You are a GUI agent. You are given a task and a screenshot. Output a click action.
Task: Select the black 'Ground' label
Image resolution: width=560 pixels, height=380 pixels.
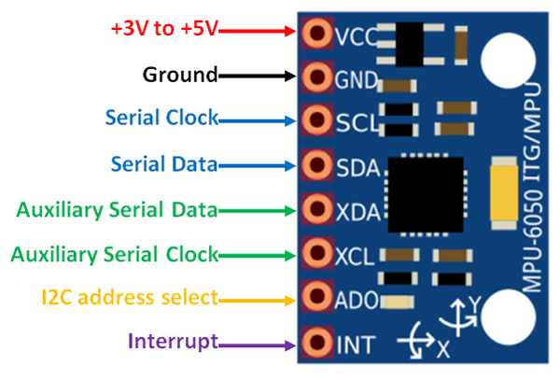pyautogui.click(x=179, y=75)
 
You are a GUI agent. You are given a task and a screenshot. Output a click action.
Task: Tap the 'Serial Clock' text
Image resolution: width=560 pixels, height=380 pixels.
pyautogui.click(x=161, y=119)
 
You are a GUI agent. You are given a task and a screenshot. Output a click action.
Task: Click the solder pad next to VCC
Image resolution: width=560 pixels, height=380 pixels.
pyautogui.click(x=316, y=35)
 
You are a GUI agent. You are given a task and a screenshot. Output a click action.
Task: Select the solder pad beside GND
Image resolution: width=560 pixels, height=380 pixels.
pyautogui.click(x=316, y=76)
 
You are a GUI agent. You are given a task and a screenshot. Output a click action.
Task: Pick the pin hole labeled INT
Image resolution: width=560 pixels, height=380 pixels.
pyautogui.click(x=316, y=343)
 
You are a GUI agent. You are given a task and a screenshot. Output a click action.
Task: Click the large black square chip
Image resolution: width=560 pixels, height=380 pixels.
pyautogui.click(x=425, y=194)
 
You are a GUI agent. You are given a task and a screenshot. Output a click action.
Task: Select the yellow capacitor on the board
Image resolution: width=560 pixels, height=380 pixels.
pyautogui.click(x=505, y=192)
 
